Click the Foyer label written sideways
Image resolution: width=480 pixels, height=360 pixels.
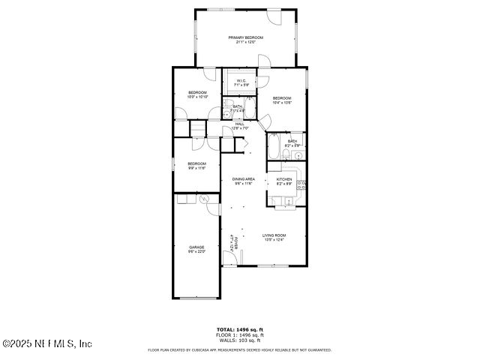coord(233,241)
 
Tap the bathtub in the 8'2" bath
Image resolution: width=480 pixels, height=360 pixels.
coord(275,147)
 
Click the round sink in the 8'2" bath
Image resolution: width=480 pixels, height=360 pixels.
coord(298,156)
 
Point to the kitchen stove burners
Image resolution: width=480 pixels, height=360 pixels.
coord(302,184)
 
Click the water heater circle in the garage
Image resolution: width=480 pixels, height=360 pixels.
coord(205,199)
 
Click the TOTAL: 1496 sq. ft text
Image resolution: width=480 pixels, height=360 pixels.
coord(240,329)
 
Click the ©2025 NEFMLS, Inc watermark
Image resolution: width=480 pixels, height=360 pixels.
coord(46,343)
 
